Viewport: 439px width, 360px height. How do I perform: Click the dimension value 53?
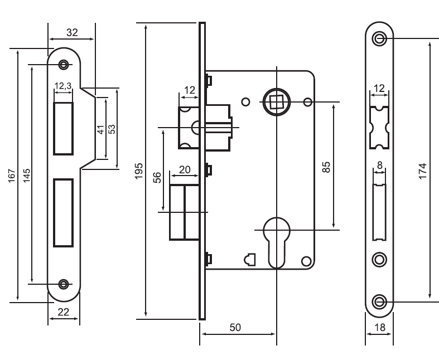112,128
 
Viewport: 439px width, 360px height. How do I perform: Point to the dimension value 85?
327,166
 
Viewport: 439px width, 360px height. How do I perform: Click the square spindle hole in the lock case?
276,102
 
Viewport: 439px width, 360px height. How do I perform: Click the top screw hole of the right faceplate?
380,38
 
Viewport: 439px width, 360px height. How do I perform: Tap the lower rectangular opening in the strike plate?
64,212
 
